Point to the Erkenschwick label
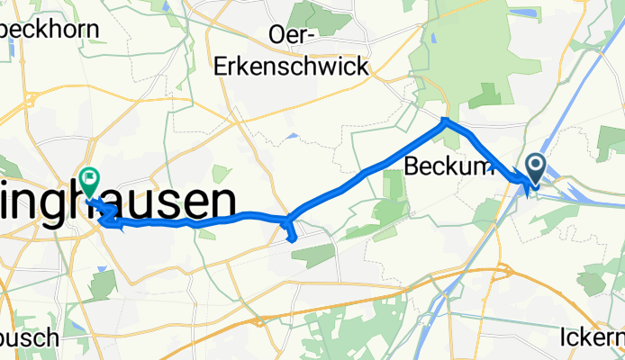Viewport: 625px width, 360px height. point(292,66)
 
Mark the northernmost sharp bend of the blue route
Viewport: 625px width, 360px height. point(445,121)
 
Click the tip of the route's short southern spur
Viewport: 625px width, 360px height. point(293,238)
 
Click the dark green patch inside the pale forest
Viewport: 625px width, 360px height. point(484,95)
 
